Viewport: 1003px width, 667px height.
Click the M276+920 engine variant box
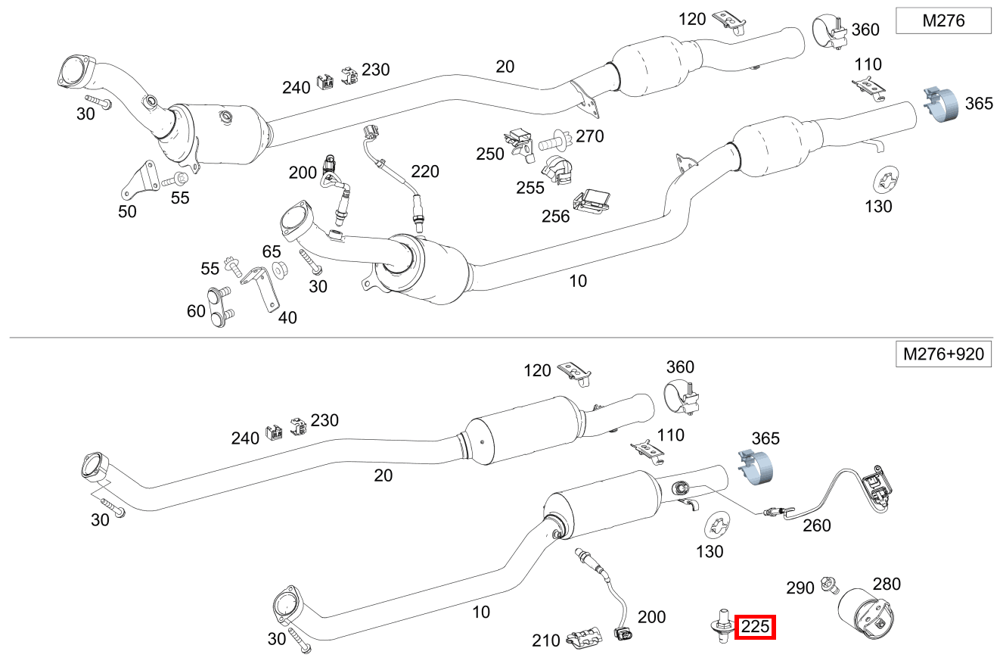[x=943, y=354]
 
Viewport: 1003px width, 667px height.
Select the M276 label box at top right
[x=943, y=20]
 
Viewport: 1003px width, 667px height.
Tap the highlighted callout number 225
[x=756, y=627]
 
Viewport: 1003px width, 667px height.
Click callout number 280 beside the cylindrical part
[x=887, y=584]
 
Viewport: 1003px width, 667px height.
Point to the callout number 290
[x=800, y=588]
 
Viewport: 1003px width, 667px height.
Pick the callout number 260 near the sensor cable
[x=816, y=525]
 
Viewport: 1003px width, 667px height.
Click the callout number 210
[x=545, y=641]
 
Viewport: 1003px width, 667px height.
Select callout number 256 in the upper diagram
[x=556, y=217]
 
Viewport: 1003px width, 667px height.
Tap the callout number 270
[x=590, y=136]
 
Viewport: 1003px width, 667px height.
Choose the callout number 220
[x=425, y=172]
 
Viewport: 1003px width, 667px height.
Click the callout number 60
[x=196, y=310]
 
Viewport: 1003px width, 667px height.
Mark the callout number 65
[x=272, y=251]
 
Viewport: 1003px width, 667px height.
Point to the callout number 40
[x=287, y=318]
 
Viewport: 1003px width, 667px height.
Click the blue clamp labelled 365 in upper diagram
[x=941, y=104]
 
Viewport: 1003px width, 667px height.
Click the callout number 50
[x=127, y=212]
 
